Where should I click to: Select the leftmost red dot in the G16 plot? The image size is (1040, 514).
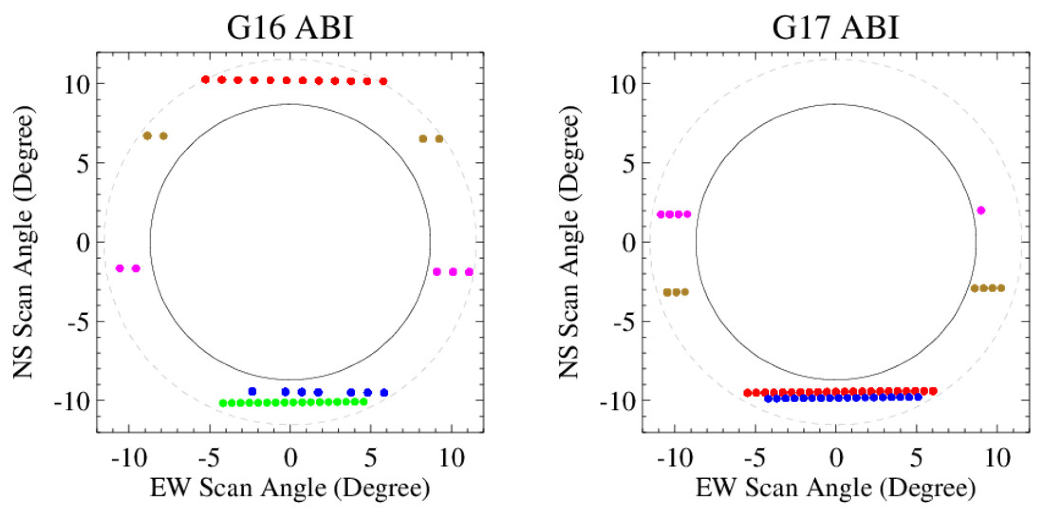click(x=206, y=80)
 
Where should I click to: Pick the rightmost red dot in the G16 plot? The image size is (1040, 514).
click(x=384, y=82)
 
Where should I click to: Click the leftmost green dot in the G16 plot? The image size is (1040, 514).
click(x=223, y=403)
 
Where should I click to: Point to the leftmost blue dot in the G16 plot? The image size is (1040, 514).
click(x=252, y=391)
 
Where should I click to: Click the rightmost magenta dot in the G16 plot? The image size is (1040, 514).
click(x=469, y=272)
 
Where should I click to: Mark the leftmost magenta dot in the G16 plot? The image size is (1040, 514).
click(x=120, y=268)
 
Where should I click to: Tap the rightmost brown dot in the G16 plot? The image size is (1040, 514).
click(x=439, y=139)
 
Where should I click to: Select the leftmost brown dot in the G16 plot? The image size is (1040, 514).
click(x=147, y=136)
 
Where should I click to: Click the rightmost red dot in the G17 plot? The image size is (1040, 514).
click(x=933, y=391)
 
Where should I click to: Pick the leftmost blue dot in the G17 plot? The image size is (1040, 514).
click(x=768, y=399)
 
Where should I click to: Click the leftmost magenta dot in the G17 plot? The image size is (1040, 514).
click(x=661, y=215)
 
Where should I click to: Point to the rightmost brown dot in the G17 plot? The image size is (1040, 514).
click(x=1001, y=288)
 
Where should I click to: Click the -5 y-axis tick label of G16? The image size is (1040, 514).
click(x=78, y=321)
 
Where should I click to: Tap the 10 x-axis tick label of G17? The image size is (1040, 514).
click(x=998, y=458)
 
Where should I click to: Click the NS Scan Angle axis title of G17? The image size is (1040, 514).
click(x=570, y=242)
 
